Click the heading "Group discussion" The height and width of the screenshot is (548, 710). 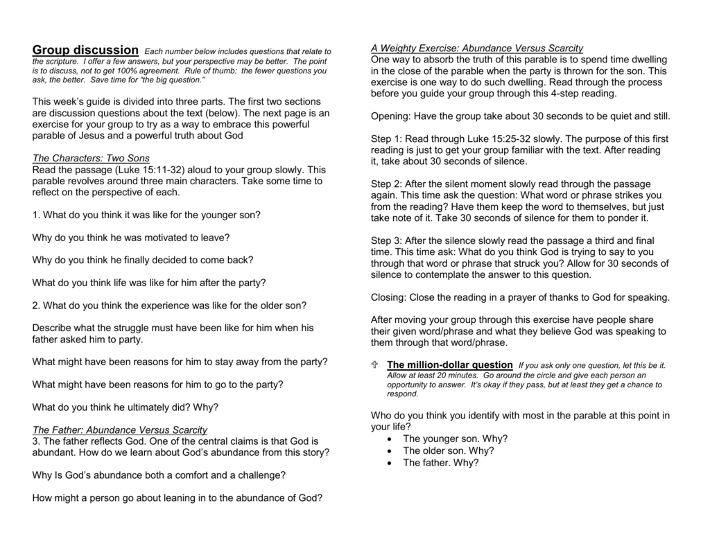tap(85, 50)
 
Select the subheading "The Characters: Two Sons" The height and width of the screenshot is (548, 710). tap(91, 158)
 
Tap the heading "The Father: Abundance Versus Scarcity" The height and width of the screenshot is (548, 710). tap(120, 430)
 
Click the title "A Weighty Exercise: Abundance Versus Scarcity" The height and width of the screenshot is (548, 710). tap(477, 48)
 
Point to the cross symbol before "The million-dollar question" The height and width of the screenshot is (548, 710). tap(374, 364)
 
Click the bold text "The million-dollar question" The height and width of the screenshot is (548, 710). tap(449, 364)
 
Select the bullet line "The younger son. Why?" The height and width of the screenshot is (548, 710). tap(455, 439)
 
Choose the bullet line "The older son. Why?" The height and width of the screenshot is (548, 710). tap(448, 450)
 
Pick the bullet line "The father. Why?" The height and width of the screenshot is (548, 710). tap(440, 462)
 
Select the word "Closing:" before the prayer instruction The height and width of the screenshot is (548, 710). tap(389, 297)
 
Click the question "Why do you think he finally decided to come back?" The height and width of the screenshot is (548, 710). tap(143, 260)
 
